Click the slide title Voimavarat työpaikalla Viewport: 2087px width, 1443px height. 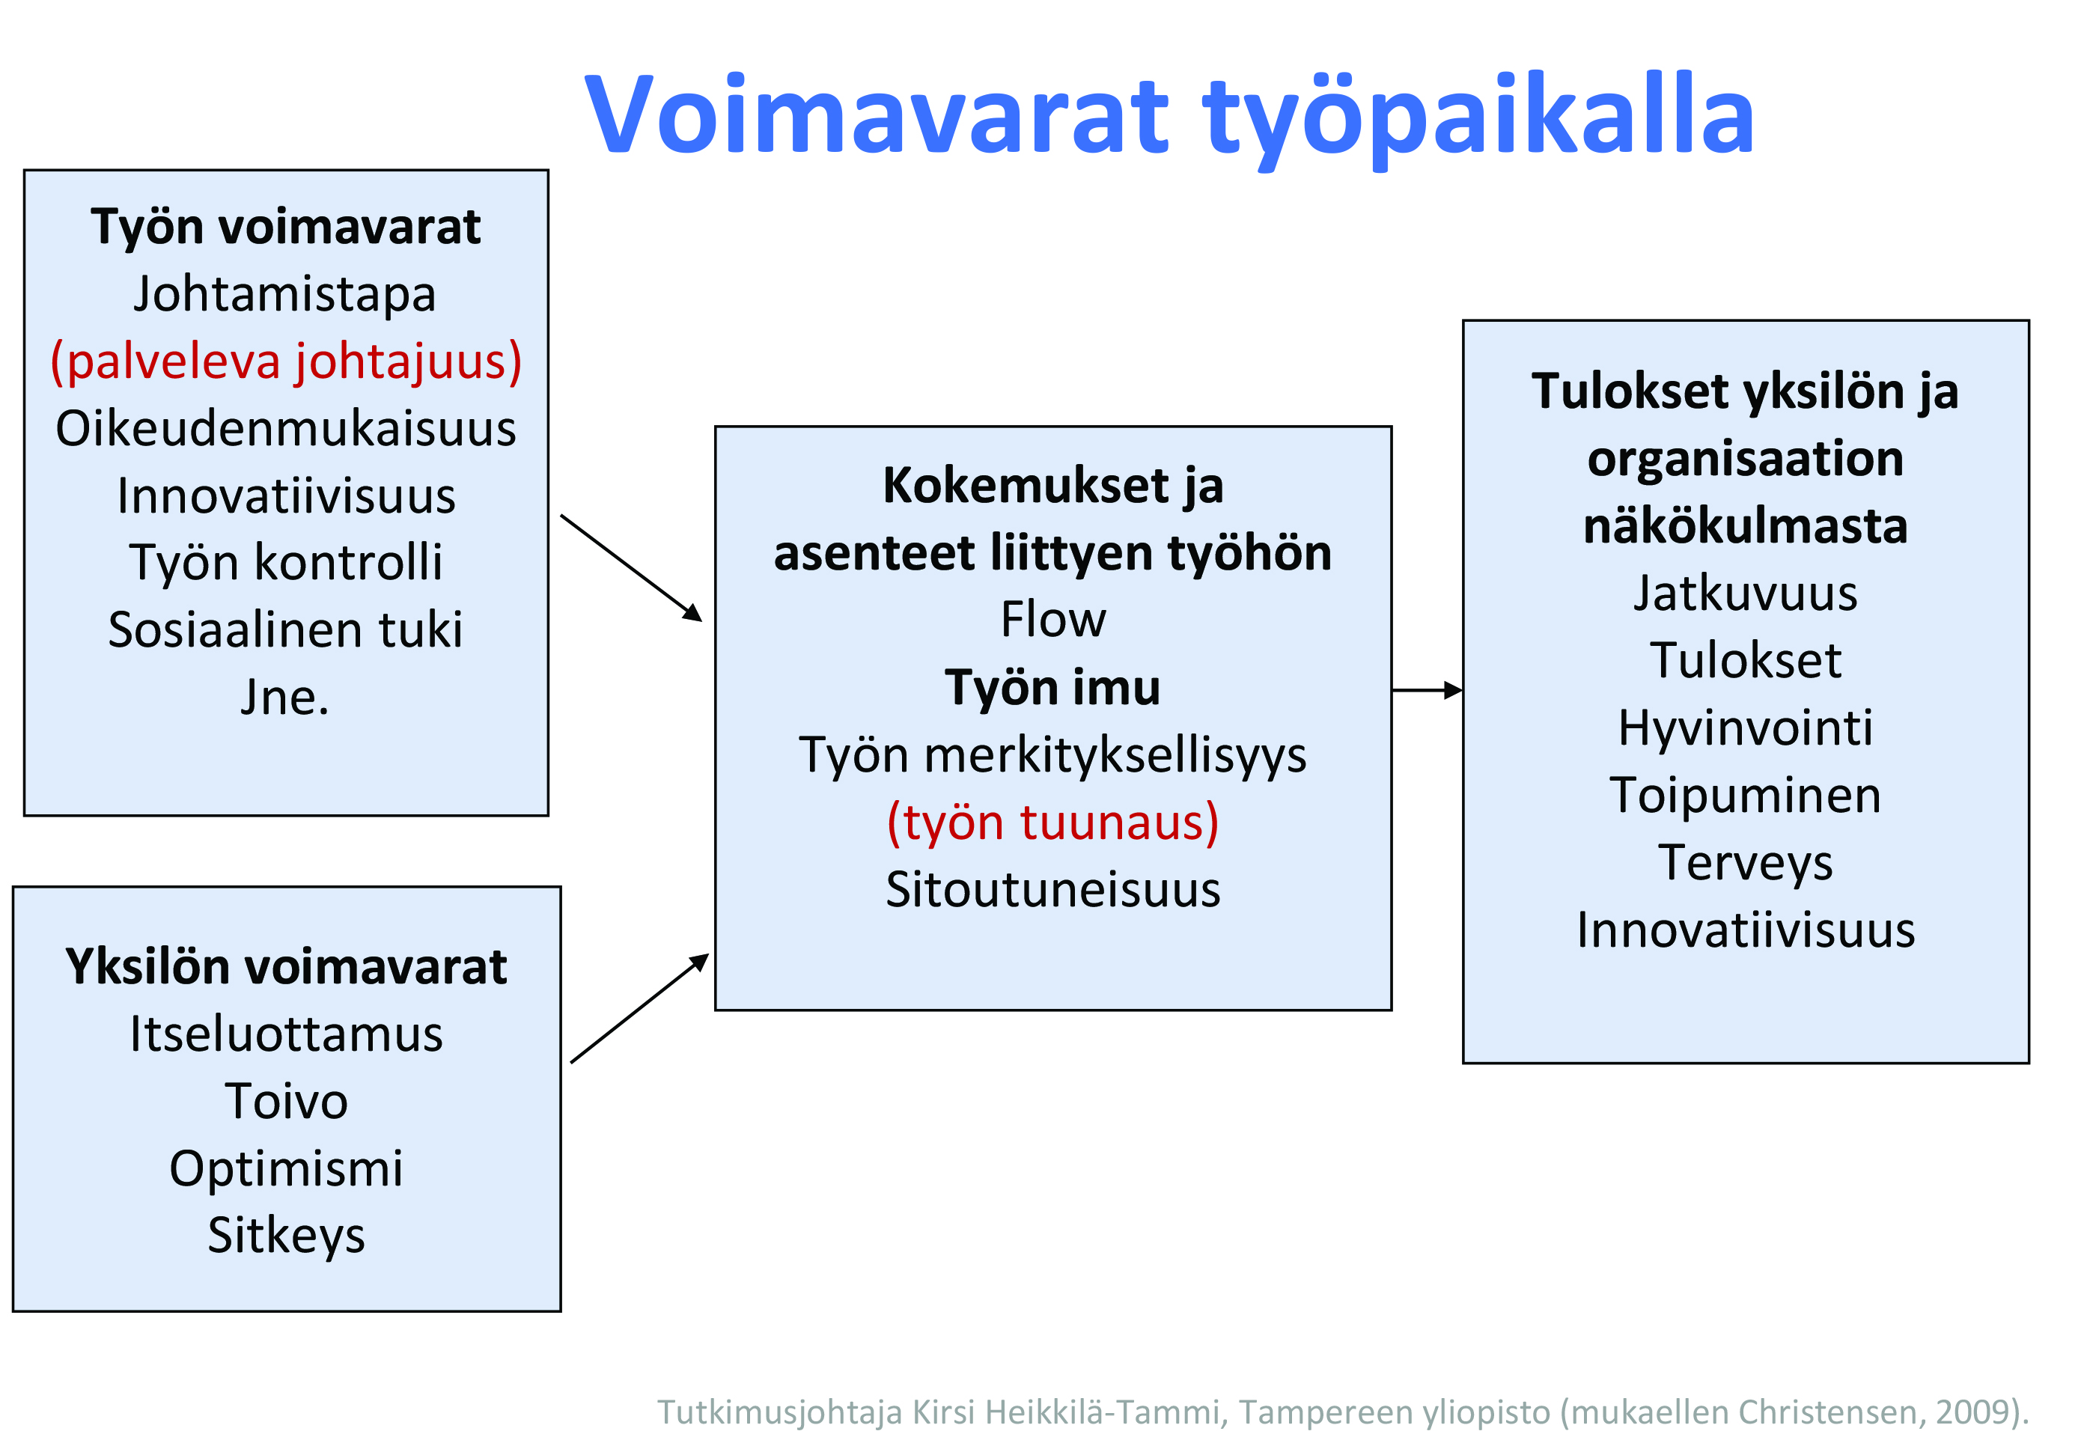(1169, 118)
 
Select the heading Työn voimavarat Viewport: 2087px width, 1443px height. (286, 227)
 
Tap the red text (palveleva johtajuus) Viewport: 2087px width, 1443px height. (286, 361)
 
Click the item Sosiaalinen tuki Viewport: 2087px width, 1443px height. (286, 629)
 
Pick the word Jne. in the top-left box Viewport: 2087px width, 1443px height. (286, 697)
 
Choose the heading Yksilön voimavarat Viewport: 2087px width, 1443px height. (286, 966)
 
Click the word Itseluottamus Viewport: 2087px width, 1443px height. (286, 1034)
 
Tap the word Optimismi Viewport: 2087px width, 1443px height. (286, 1169)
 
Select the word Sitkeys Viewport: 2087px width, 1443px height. (286, 1236)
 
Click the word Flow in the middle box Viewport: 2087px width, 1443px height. (1053, 619)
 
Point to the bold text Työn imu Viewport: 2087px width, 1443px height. (1053, 687)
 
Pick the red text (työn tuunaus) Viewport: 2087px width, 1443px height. (1053, 823)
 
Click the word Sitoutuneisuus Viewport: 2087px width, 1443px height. (1053, 890)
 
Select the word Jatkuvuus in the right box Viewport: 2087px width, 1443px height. (1745, 593)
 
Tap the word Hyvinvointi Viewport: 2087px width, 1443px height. (1745, 727)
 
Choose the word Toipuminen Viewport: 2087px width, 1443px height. (1745, 796)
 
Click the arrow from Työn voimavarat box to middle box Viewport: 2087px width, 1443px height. (631, 568)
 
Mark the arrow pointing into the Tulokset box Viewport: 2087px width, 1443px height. (1427, 691)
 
